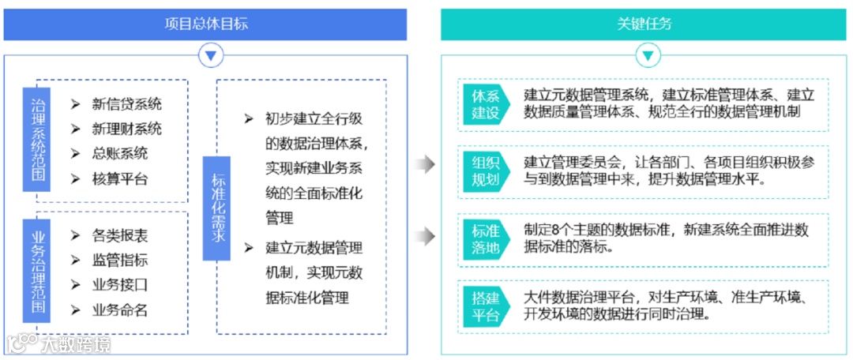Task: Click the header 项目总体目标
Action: [205, 24]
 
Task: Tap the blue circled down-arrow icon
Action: [210, 55]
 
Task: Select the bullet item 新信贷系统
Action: [126, 103]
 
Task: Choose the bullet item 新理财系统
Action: [126, 129]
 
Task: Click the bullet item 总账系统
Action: [120, 154]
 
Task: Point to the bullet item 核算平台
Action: [120, 179]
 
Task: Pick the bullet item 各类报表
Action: [120, 235]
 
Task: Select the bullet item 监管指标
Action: [120, 260]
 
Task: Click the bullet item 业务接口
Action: [120, 285]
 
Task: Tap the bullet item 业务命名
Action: [120, 310]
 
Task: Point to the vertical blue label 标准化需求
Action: [217, 208]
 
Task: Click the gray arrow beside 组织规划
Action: [426, 164]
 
